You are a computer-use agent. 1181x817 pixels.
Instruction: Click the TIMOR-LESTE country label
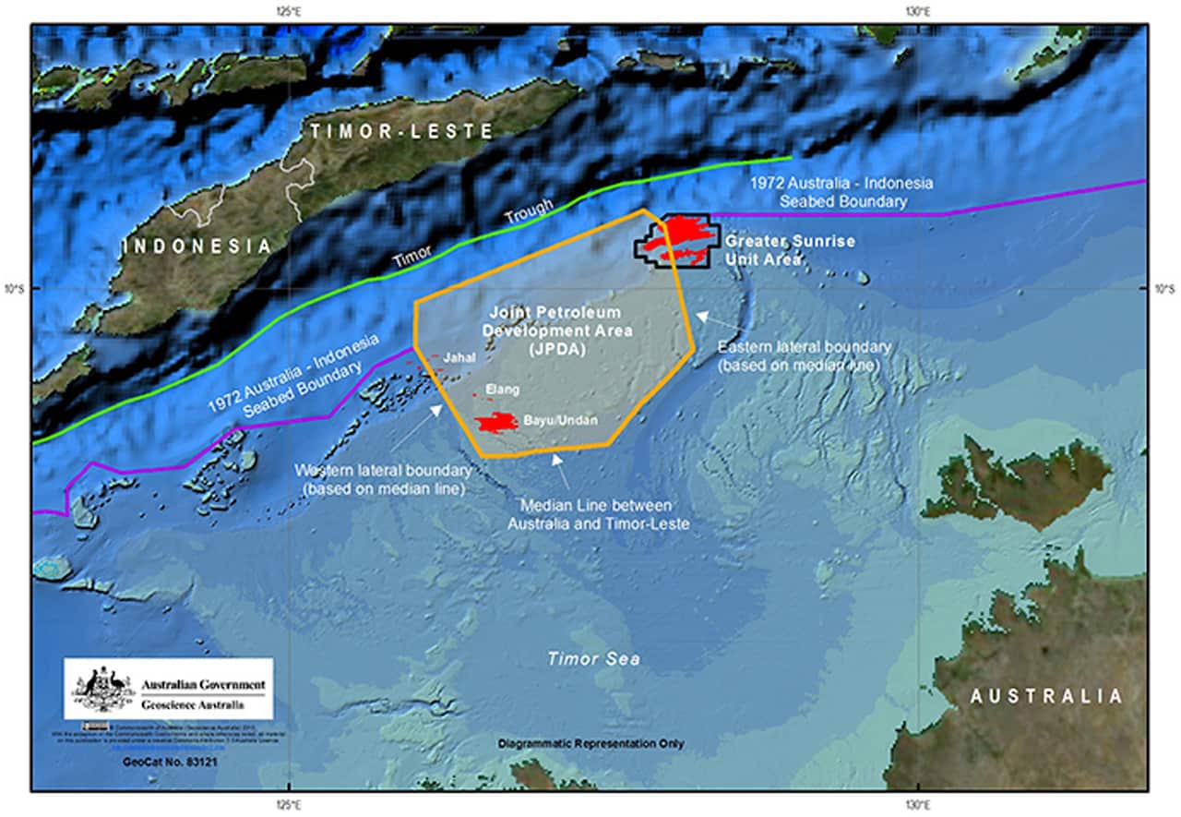401,131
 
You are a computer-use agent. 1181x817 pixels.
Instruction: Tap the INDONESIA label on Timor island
197,246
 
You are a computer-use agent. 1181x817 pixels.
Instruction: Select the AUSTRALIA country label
1046,696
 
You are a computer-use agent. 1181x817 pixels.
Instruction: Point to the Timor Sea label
592,659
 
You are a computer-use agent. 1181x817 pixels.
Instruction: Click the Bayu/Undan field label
560,421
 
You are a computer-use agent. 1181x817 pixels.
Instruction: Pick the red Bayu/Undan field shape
495,423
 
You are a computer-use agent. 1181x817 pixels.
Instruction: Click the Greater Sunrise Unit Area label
789,250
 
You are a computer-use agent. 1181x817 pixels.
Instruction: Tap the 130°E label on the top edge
916,11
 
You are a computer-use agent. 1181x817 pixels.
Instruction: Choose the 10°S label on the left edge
16,289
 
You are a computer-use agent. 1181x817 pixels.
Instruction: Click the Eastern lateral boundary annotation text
804,354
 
